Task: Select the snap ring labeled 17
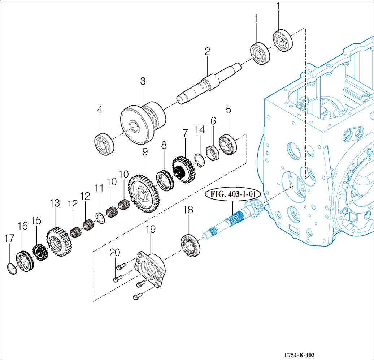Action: pos(13,269)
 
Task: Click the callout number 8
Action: pos(164,145)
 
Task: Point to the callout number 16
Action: pos(23,226)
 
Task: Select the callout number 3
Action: pos(143,81)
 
